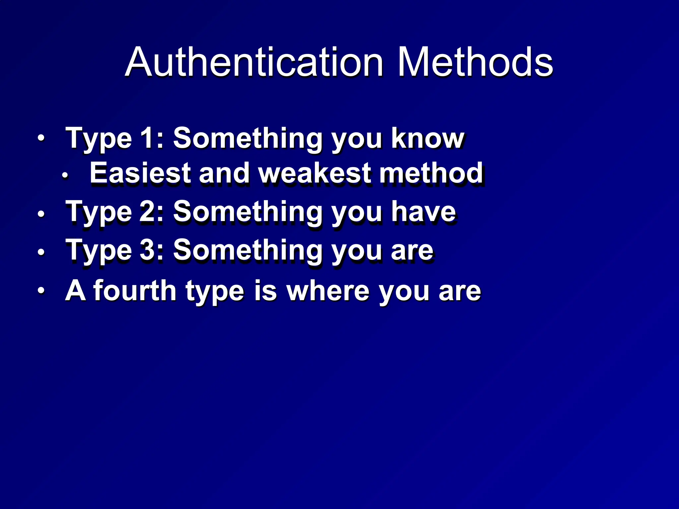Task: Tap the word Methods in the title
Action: pos(475,62)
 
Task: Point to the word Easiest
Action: pos(140,173)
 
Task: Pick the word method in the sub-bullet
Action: pos(431,173)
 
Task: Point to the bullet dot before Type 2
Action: pos(40,214)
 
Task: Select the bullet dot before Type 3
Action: pos(40,252)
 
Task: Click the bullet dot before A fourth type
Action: pos(40,291)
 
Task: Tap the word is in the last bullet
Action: pos(265,291)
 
